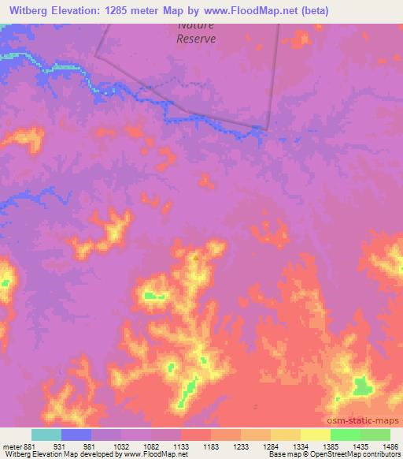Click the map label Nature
pyautogui.click(x=196, y=25)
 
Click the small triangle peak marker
pyautogui.click(x=196, y=256)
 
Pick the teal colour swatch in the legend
pyautogui.click(x=46, y=435)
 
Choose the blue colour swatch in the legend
pyautogui.click(x=76, y=435)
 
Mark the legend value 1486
pyautogui.click(x=390, y=446)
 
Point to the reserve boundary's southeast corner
pyautogui.click(x=268, y=129)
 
